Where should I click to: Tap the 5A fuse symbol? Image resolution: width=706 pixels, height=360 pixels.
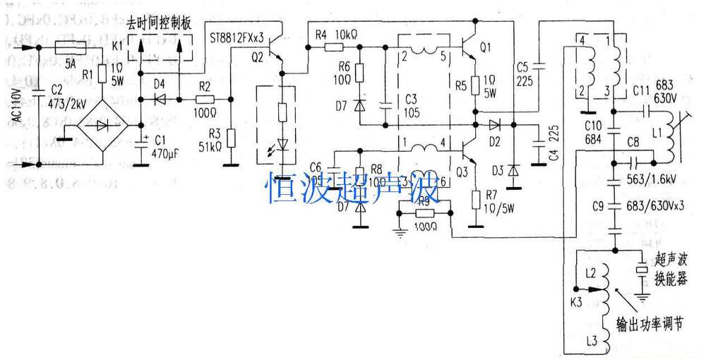pos(71,48)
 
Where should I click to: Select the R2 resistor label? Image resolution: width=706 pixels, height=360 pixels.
pos(205,85)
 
